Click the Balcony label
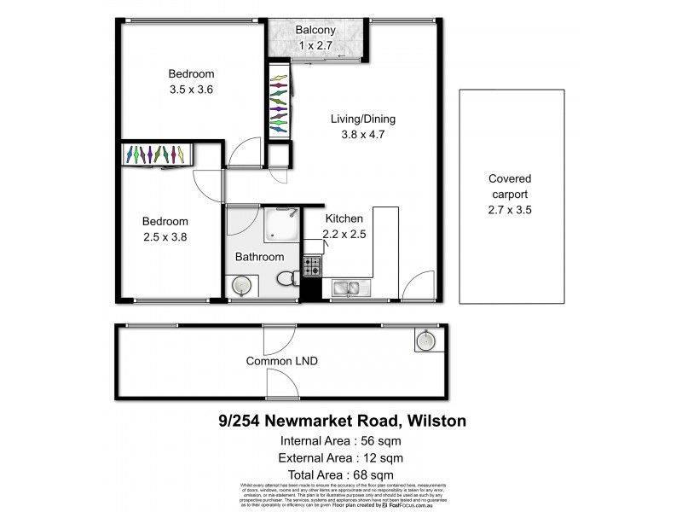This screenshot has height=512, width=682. coord(315,32)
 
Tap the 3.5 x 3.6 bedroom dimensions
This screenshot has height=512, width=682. coord(191,88)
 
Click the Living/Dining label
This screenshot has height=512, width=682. coord(363,119)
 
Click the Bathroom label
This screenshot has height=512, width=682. coord(259,256)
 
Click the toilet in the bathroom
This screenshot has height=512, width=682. coord(288,277)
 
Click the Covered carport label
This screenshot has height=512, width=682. coord(510,194)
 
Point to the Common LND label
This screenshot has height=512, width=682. coord(282,361)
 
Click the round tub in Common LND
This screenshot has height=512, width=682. coord(425,342)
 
